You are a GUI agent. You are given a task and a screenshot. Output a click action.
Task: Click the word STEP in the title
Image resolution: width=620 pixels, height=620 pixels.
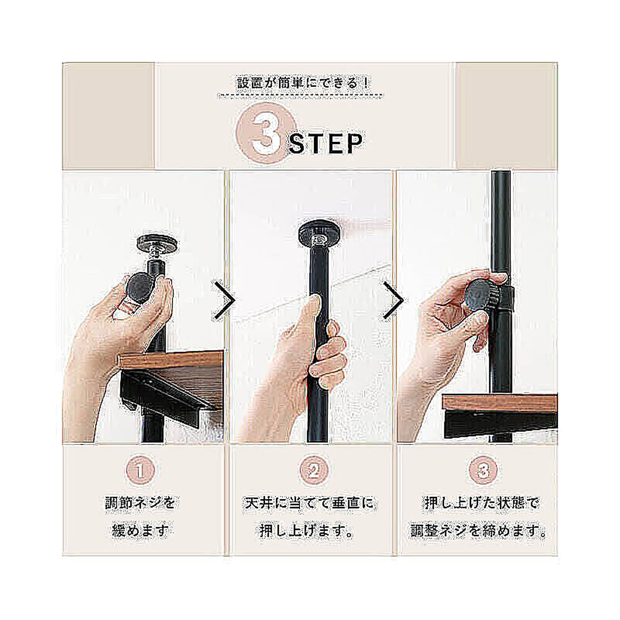(326, 144)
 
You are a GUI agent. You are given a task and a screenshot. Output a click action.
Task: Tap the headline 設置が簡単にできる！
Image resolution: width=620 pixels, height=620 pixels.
(303, 83)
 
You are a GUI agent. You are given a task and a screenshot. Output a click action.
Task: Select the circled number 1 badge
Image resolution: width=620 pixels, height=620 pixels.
(140, 470)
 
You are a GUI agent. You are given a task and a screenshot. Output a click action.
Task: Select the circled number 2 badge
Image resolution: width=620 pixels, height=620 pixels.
(313, 470)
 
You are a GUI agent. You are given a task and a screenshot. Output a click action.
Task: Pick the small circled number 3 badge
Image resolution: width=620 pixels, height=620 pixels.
(483, 470)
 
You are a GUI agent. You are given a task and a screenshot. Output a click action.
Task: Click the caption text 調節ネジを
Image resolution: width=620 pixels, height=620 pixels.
(140, 503)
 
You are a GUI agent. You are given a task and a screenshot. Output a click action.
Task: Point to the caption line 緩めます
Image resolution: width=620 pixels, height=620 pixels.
(140, 530)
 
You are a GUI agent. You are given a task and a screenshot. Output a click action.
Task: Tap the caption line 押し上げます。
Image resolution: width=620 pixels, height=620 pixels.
(307, 530)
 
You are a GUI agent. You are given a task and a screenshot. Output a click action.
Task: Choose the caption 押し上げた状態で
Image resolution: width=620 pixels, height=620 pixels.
(482, 503)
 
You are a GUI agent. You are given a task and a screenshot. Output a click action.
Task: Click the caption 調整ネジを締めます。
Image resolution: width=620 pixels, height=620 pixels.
(479, 530)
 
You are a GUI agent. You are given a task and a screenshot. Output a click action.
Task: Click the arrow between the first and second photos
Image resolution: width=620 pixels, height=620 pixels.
(224, 300)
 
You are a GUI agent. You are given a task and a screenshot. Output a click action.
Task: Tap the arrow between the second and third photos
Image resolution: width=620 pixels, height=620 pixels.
(393, 300)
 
